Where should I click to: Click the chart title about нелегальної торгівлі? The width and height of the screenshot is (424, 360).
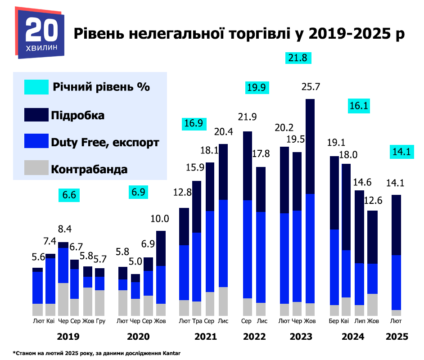[239, 34]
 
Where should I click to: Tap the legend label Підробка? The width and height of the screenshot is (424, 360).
[78, 115]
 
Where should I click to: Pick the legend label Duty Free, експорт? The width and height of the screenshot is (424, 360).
[105, 143]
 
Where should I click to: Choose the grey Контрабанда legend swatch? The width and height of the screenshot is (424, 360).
[36, 169]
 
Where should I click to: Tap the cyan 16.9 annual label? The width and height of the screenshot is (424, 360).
[193, 123]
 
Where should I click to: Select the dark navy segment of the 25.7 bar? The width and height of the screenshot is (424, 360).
[310, 146]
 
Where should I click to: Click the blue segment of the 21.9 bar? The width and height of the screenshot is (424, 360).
[247, 249]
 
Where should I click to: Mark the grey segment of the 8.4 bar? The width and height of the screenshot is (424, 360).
[63, 299]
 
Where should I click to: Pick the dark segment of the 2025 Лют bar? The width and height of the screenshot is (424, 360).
[397, 225]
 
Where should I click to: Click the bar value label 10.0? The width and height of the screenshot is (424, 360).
[160, 219]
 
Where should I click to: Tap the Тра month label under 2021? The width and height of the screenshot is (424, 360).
[197, 321]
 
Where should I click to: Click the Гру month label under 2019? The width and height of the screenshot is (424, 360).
[100, 321]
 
